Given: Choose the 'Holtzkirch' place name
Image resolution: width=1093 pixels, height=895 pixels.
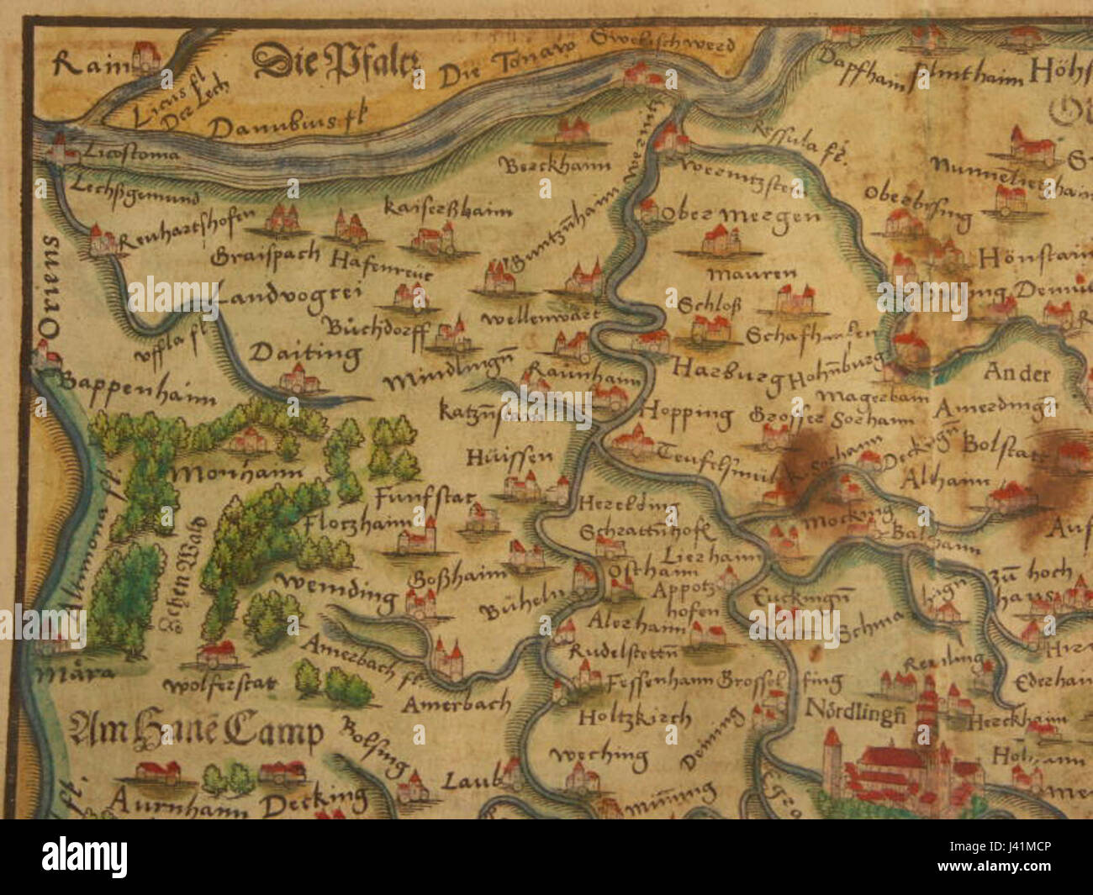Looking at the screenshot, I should (x=635, y=719).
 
